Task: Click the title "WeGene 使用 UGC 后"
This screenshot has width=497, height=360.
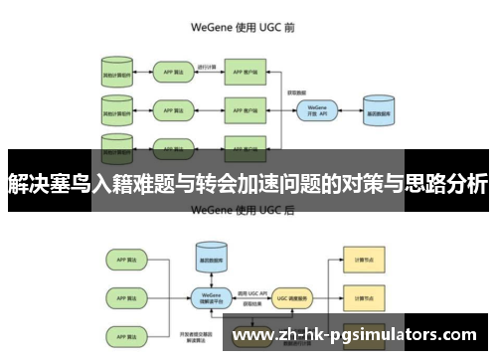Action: (248, 210)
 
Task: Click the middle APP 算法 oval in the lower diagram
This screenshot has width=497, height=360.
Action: (125, 295)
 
